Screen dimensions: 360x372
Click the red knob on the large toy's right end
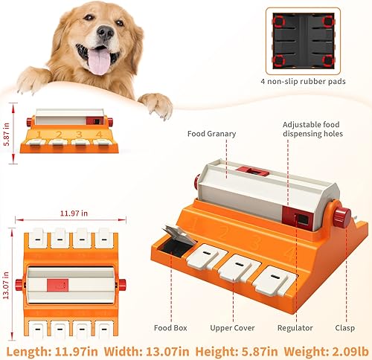click(341, 217)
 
